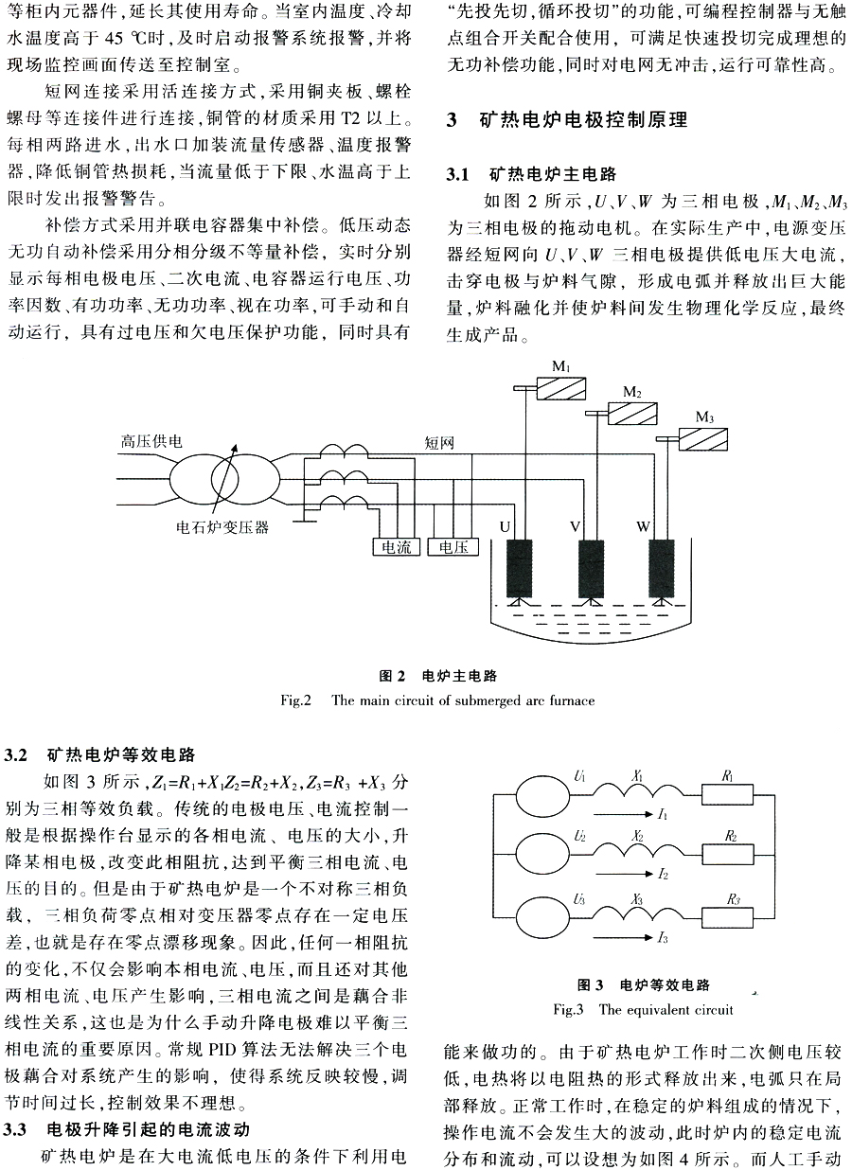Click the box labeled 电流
(396, 546)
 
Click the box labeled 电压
(453, 546)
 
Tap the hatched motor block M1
(561, 389)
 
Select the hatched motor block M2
(632, 414)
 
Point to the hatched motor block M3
(703, 439)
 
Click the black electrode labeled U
(519, 568)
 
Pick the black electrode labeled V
(591, 568)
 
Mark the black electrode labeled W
(662, 568)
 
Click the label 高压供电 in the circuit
(151, 441)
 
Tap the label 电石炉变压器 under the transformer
(222, 527)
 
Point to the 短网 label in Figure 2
(439, 443)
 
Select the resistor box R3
(728, 917)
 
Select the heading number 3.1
(457, 174)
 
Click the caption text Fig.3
(568, 1009)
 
